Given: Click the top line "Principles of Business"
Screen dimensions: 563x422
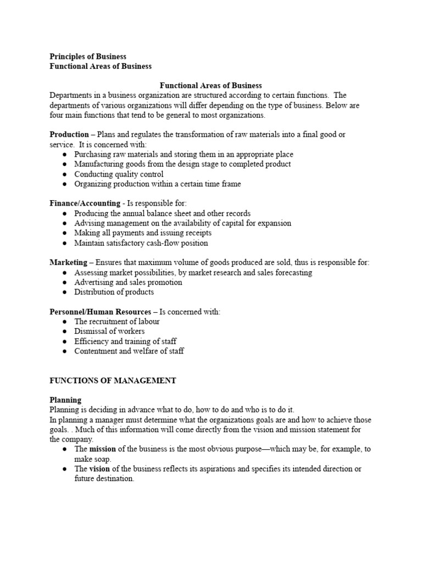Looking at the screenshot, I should tap(88, 57).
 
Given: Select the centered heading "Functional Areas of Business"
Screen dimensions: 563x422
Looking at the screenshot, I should tap(210, 86).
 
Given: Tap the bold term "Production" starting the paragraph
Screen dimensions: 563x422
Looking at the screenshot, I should tap(69, 135).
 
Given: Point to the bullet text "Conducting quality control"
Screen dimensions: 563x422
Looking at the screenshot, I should tap(119, 174).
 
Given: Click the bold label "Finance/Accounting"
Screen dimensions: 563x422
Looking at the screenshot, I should tap(85, 203).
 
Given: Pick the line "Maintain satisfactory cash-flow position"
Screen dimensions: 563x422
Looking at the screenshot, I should tap(141, 243).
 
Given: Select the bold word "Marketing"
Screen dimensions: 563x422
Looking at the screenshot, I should tap(68, 263).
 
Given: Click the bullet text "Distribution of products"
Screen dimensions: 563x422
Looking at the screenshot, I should tap(114, 292).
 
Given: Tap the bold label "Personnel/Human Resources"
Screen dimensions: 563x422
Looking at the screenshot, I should tap(100, 312).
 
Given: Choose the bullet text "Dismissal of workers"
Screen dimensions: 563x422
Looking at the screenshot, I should tap(109, 332).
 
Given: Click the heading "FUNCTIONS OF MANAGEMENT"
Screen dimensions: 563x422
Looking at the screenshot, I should tap(113, 380).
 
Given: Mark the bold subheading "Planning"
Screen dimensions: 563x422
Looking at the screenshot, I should tap(65, 400).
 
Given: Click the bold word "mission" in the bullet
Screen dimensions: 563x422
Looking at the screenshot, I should tap(103, 449).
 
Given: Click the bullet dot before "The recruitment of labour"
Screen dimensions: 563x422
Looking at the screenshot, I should tap(64, 322).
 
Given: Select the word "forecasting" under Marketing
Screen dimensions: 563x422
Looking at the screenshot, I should tap(291, 273).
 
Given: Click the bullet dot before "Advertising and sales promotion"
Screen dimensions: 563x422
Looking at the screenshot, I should tap(64, 283).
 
